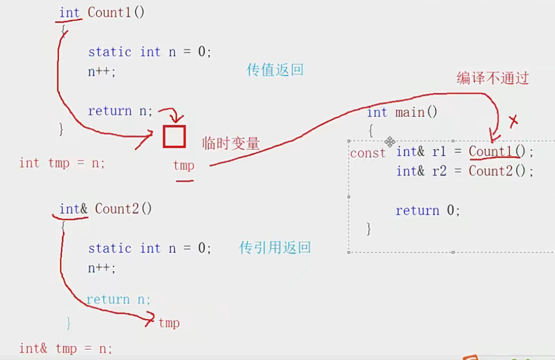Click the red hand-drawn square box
(174, 137)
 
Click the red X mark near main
(512, 121)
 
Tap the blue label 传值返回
(275, 70)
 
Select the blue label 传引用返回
(275, 248)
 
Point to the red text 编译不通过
(492, 79)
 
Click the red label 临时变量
(231, 144)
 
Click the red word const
(367, 153)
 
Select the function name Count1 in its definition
(110, 13)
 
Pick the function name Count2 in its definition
(117, 208)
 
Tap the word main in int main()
(410, 112)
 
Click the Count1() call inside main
(499, 152)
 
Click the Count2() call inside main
(499, 171)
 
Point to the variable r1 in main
(439, 152)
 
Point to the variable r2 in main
(439, 171)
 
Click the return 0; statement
(428, 211)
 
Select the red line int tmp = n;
(62, 163)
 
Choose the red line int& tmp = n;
(65, 348)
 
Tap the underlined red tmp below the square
(184, 166)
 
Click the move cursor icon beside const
(390, 142)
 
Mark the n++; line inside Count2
(102, 268)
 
